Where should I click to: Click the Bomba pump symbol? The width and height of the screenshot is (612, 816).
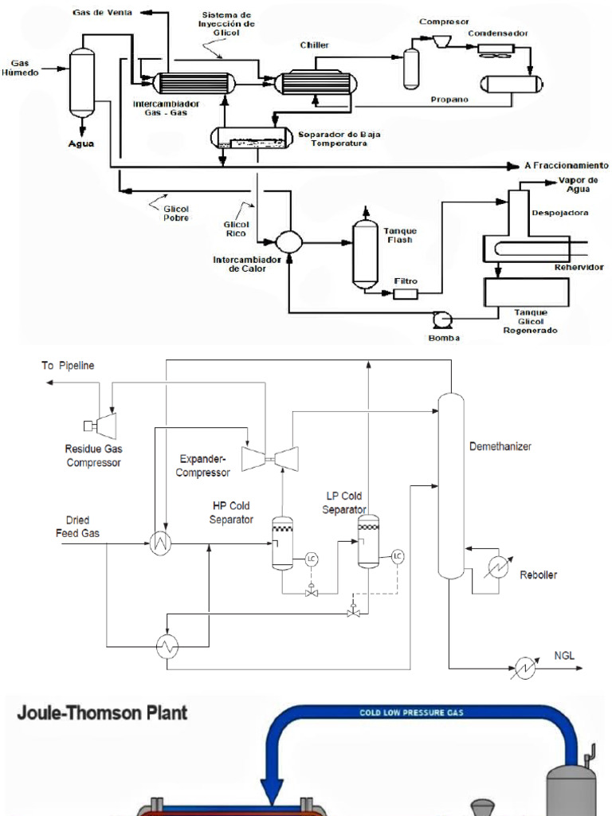441,320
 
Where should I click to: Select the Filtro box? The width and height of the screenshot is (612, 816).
406,294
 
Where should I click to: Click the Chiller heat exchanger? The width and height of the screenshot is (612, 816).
316,81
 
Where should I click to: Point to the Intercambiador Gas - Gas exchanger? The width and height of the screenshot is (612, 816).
190,82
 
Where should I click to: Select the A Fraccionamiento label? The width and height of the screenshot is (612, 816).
566,166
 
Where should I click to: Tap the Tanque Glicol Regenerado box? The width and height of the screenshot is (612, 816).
520,292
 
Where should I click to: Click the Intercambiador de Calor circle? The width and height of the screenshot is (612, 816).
288,241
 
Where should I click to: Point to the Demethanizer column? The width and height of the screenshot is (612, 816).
451,486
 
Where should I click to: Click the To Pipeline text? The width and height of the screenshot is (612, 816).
68,366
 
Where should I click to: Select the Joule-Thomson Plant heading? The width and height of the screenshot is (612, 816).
102,712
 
